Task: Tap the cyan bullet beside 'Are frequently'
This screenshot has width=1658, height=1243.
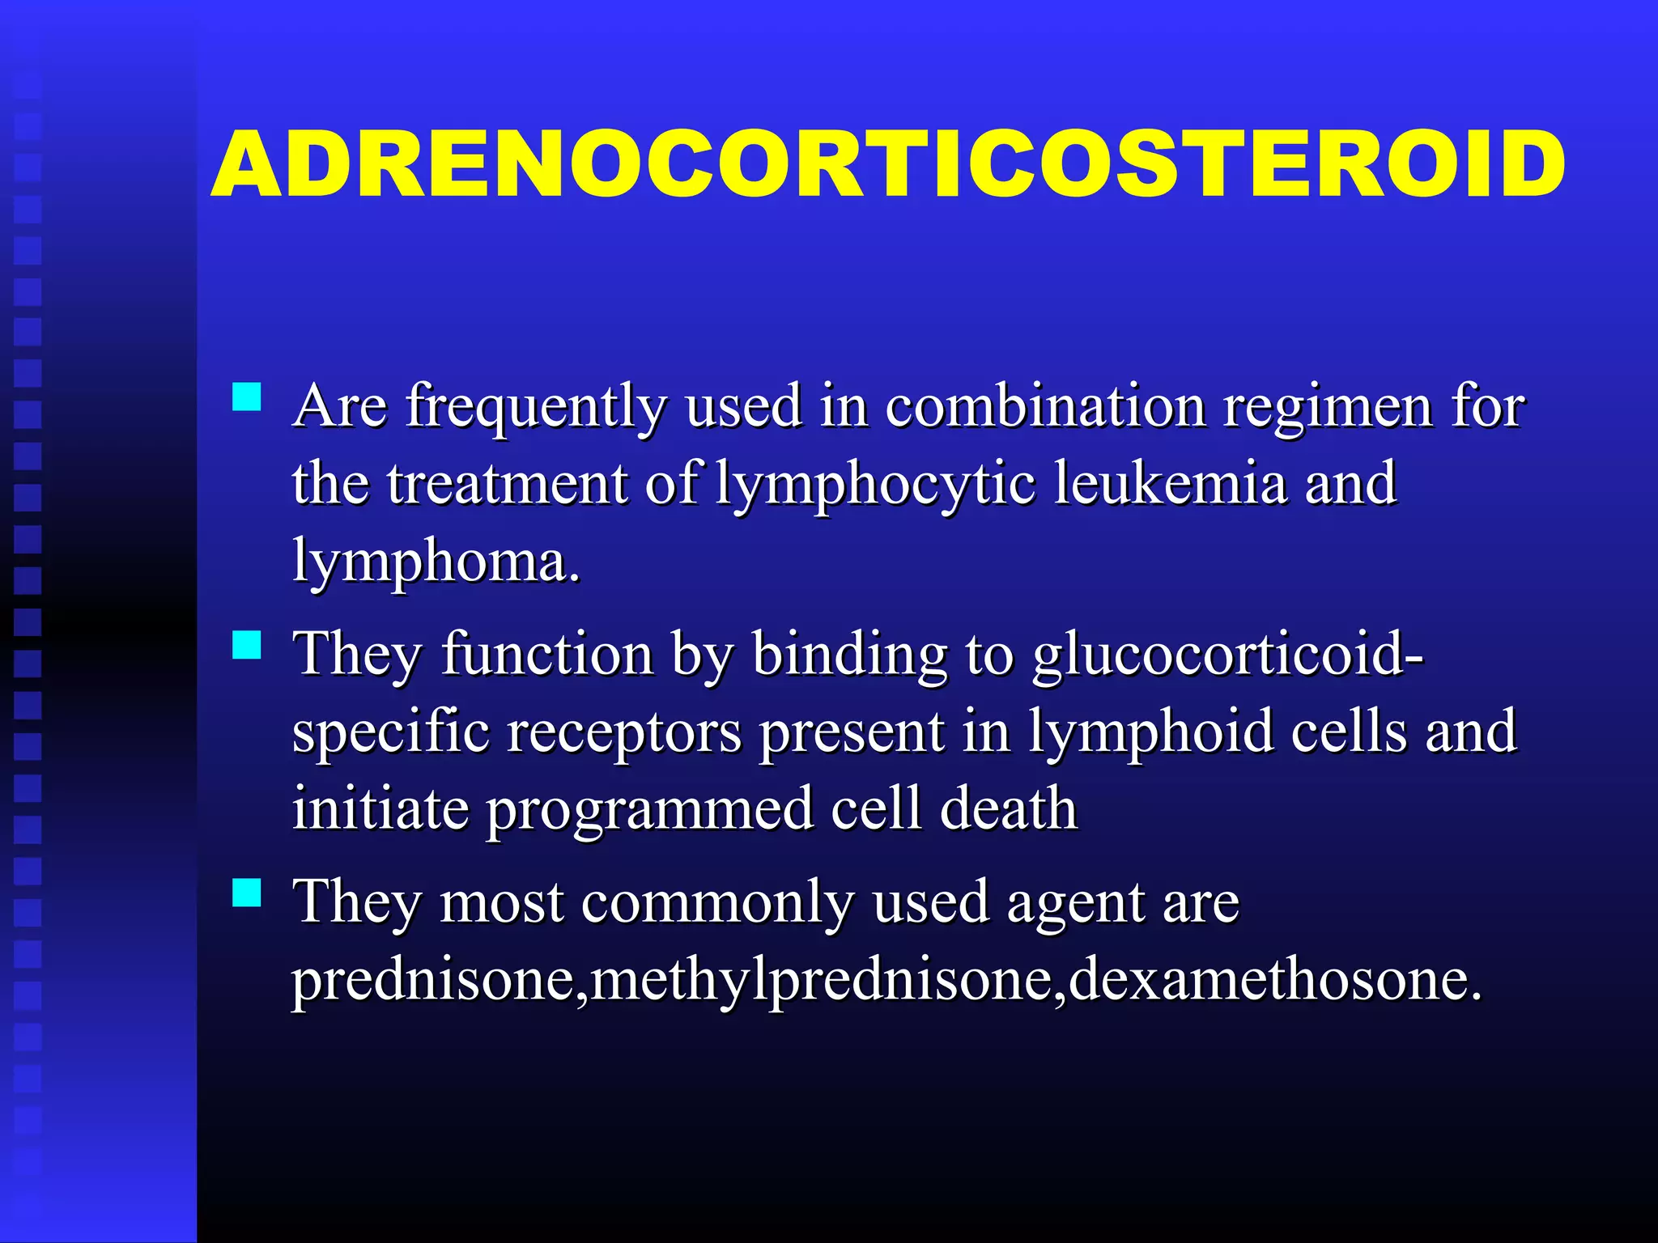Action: [x=246, y=398]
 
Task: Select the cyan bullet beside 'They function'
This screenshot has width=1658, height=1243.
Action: [x=246, y=646]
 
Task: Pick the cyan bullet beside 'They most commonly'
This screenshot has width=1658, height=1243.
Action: [x=246, y=893]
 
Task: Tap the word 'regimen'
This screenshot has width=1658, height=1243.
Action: [x=1328, y=406]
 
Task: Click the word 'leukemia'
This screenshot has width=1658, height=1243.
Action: [x=1171, y=484]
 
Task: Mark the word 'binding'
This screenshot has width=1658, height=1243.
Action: [x=849, y=655]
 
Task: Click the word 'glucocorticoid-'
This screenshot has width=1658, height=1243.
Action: [x=1227, y=655]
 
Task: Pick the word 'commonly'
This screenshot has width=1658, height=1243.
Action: [x=717, y=903]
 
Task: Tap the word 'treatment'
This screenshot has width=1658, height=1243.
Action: [x=507, y=484]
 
